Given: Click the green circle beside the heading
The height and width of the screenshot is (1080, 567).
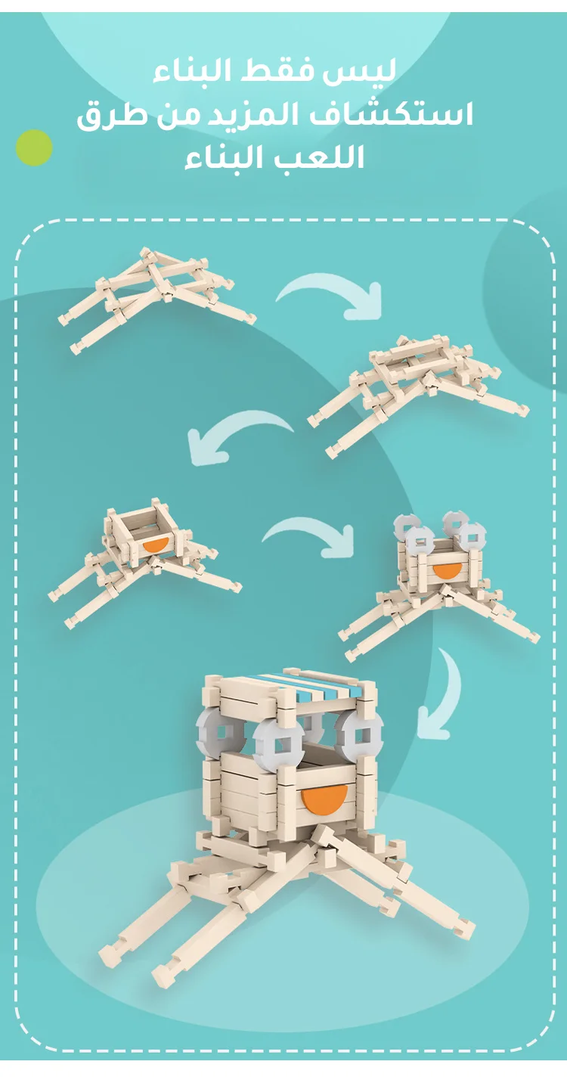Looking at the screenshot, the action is (34, 148).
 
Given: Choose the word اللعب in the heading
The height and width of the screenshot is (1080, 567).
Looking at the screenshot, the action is (314, 157).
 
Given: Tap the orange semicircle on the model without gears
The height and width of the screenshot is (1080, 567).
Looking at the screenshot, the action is (155, 547).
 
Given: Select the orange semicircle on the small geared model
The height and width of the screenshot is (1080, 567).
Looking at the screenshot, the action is (446, 571).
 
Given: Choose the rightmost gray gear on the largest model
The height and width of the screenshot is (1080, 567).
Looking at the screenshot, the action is (359, 735).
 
